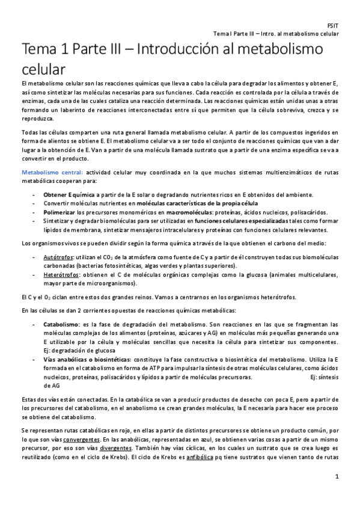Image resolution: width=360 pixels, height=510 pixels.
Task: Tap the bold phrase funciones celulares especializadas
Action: tap(230, 220)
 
